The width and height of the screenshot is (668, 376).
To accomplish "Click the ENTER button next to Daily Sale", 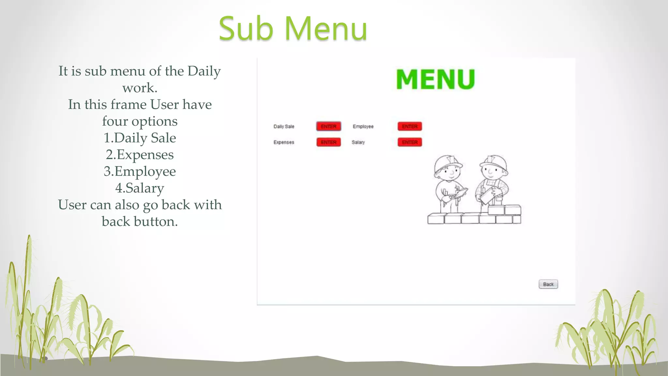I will tap(328, 126).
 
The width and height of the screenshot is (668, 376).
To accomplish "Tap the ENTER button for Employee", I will tap(410, 126).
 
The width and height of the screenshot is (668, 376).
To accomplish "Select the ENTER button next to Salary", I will tap(410, 142).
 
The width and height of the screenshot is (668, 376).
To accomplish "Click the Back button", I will tap(548, 284).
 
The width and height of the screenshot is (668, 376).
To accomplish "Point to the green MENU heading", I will tap(435, 79).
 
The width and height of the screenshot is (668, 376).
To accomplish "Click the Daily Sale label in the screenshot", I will tap(284, 126).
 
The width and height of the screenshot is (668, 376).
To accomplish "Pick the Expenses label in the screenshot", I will tap(284, 142).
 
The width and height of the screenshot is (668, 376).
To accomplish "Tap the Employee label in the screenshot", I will tap(363, 126).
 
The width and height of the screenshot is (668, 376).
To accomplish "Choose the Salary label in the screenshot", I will tap(358, 142).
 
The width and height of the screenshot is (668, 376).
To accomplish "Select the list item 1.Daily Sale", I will tap(140, 138).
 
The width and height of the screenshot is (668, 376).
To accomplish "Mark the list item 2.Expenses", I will tap(140, 155).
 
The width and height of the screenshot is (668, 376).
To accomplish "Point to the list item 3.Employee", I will tap(140, 171).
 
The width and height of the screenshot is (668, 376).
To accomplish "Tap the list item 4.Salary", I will tap(140, 188).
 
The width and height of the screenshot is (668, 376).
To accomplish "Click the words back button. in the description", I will tap(140, 222).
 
